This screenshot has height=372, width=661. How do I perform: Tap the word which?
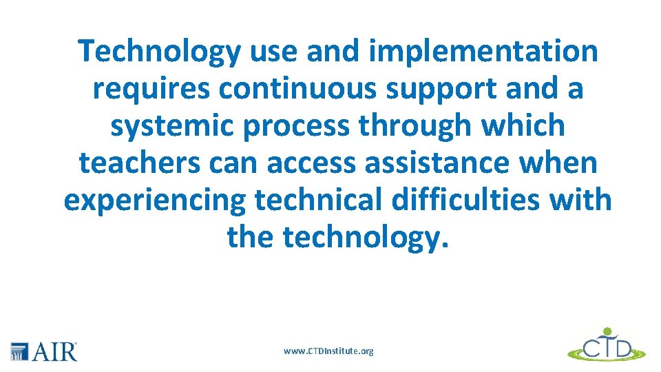click(x=525, y=126)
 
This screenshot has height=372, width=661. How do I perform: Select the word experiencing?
click(x=154, y=200)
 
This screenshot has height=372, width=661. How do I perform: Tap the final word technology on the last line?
click(x=365, y=238)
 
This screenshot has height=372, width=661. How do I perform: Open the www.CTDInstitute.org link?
click(x=329, y=351)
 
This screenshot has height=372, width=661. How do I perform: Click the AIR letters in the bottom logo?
click(x=55, y=352)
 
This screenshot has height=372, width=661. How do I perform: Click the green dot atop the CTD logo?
click(x=607, y=331)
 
